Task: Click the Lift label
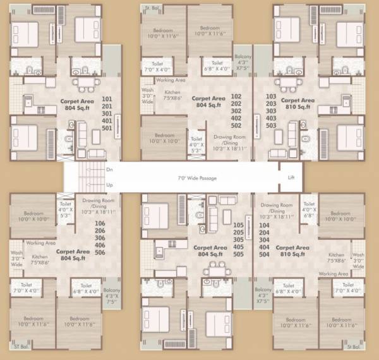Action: [291, 178]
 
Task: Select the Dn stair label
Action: [109, 170]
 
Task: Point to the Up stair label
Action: [109, 185]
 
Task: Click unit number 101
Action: [107, 99]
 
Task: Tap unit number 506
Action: [99, 252]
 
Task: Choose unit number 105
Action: [238, 225]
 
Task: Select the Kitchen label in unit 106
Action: [40, 258]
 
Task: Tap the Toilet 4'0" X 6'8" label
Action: [308, 209]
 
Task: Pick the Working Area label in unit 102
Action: [171, 81]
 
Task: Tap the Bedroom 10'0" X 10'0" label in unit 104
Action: [340, 217]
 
